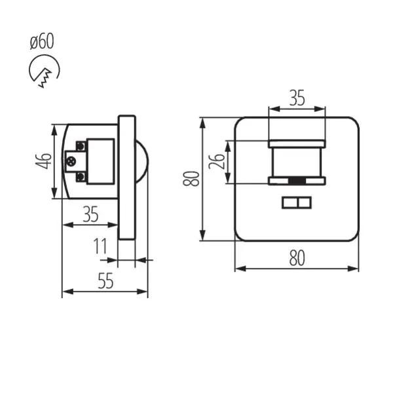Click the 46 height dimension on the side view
[x=44, y=160]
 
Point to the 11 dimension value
[x=100, y=247]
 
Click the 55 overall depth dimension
[x=105, y=281]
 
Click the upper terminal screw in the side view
[x=81, y=143]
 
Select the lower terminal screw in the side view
[x=81, y=176]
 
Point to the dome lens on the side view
[x=142, y=160]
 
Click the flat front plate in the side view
[x=127, y=177]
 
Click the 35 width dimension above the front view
[x=297, y=99]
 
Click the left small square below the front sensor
[x=289, y=203]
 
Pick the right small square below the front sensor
[x=305, y=203]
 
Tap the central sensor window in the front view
[x=297, y=162]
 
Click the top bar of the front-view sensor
[x=297, y=142]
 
